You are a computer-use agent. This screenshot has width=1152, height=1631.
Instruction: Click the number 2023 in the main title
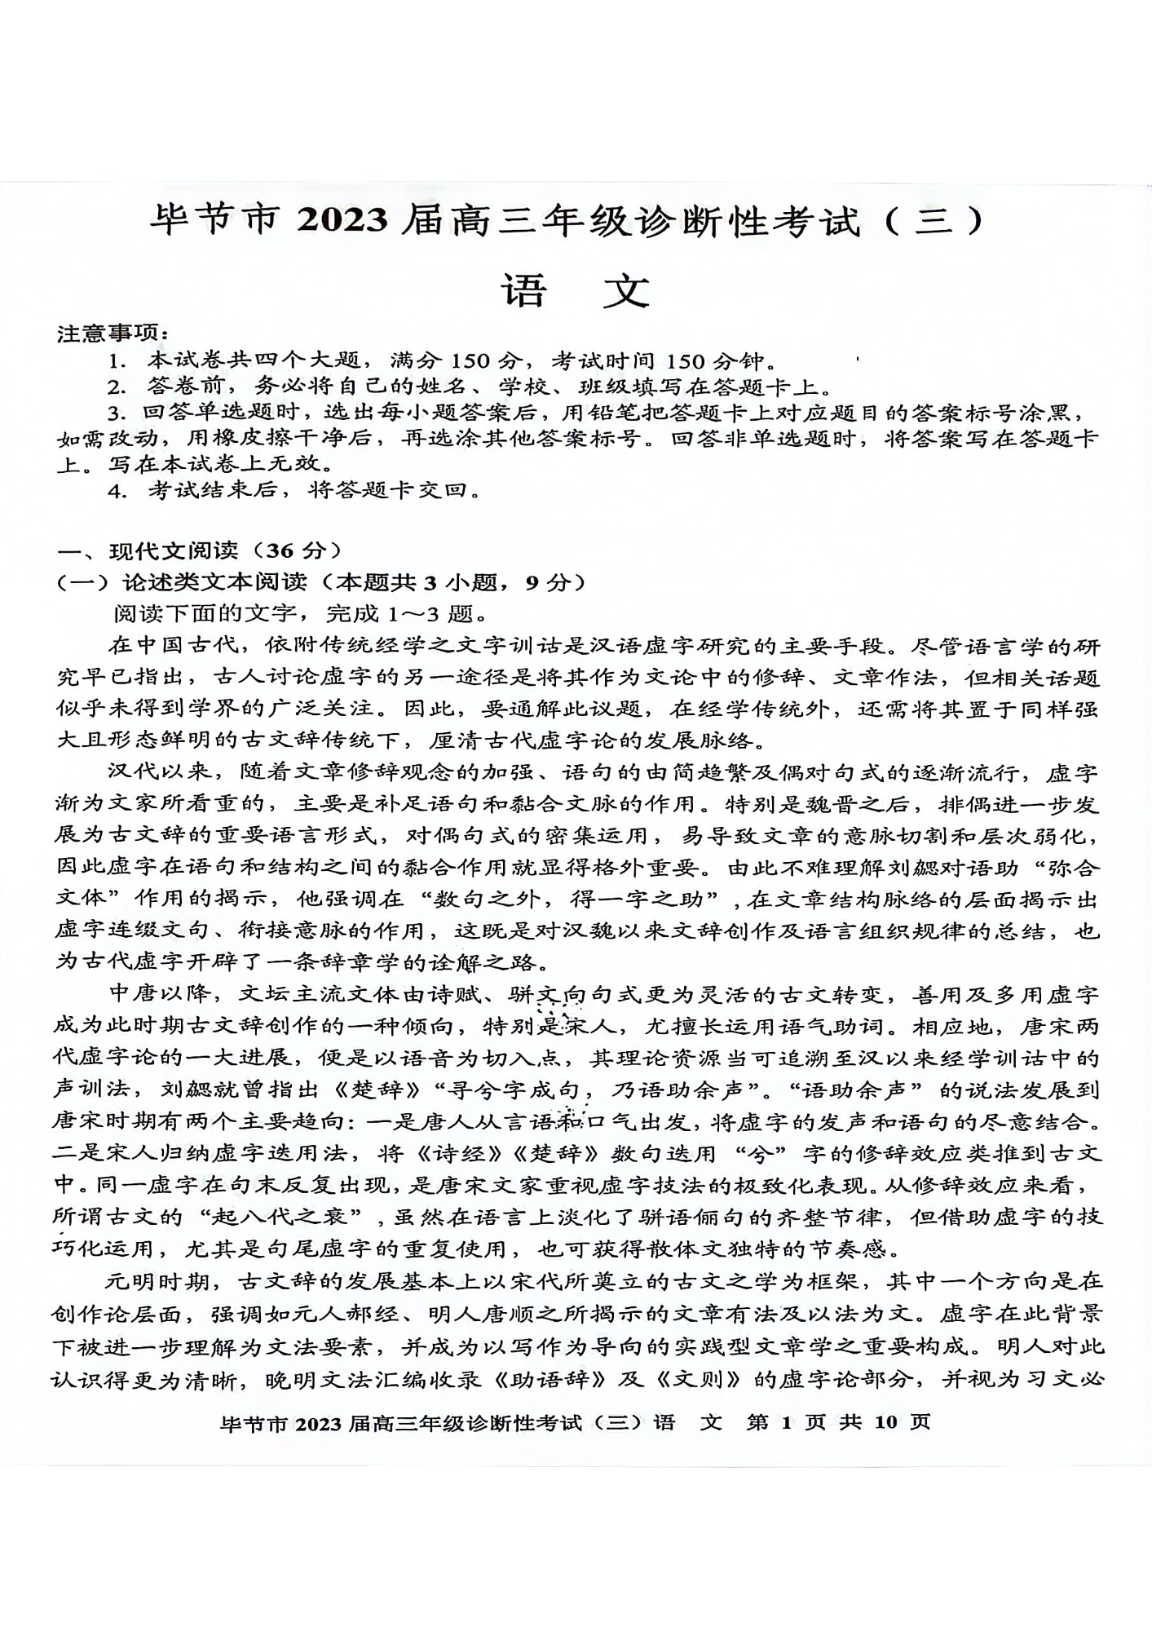pos(343,221)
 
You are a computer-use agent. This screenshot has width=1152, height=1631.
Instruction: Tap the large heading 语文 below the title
pos(576,290)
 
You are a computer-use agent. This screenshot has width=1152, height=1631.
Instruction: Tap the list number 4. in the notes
pos(119,491)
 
